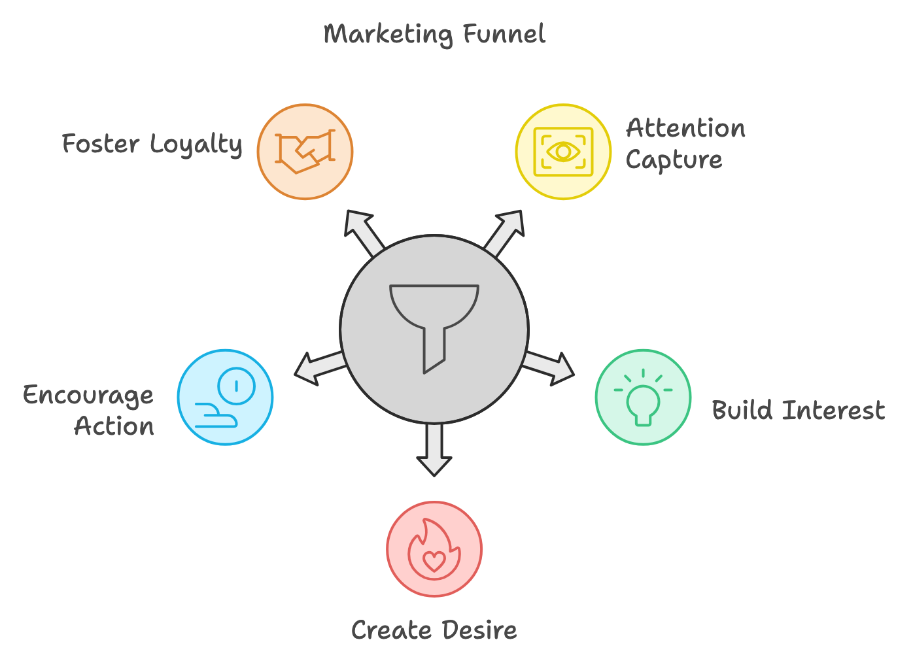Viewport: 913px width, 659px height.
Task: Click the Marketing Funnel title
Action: (434, 34)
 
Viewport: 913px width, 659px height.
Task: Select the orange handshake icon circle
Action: (305, 152)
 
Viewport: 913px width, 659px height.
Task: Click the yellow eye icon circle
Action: (563, 152)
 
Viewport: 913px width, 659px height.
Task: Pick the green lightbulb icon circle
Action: (643, 397)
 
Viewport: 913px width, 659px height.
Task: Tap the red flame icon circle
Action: (434, 549)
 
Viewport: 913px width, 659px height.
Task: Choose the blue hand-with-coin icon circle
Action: (225, 397)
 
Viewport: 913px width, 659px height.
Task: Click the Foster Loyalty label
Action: (152, 144)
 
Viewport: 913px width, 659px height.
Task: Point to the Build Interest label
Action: (799, 410)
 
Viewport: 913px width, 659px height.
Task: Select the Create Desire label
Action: (434, 630)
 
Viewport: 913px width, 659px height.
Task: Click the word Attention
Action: (685, 128)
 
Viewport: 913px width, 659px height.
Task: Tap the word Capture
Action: (674, 160)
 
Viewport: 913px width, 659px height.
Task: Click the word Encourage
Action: (88, 396)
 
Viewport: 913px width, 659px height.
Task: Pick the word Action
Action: (114, 426)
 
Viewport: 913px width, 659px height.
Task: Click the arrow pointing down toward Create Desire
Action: (434, 449)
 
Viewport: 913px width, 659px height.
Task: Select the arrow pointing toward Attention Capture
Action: (505, 233)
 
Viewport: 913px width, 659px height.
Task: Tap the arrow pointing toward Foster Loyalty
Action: (364, 233)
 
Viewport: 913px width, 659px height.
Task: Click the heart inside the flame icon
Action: (434, 561)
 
